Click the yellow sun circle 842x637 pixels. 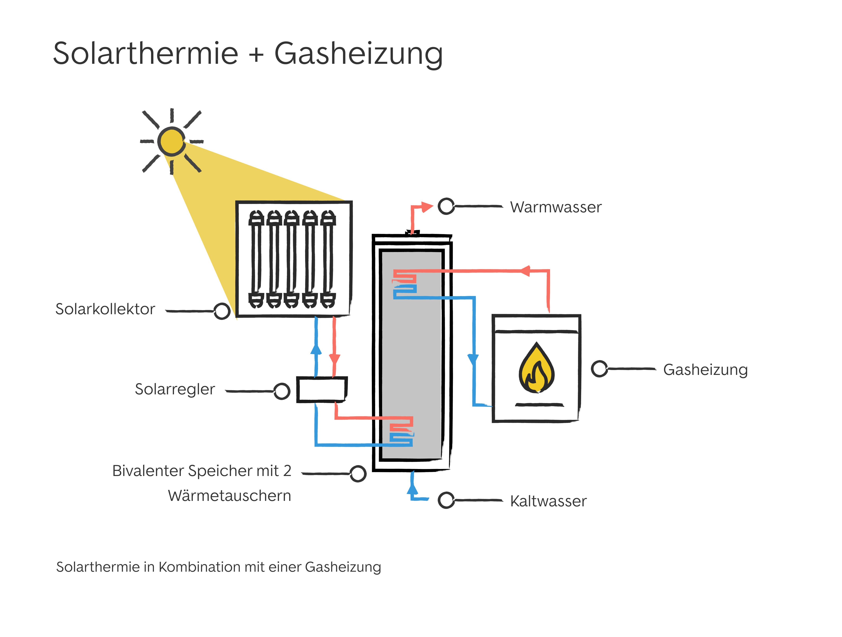click(172, 141)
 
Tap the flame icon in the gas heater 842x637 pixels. click(536, 368)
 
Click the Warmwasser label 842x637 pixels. click(556, 207)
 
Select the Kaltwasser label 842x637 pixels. click(548, 501)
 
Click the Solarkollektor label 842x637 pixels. click(105, 309)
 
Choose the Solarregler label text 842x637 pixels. click(175, 389)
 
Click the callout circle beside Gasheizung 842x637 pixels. click(599, 368)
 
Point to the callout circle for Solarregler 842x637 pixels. click(282, 391)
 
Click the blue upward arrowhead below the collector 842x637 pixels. click(316, 350)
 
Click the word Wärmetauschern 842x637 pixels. click(230, 496)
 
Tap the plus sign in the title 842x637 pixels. click(257, 54)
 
